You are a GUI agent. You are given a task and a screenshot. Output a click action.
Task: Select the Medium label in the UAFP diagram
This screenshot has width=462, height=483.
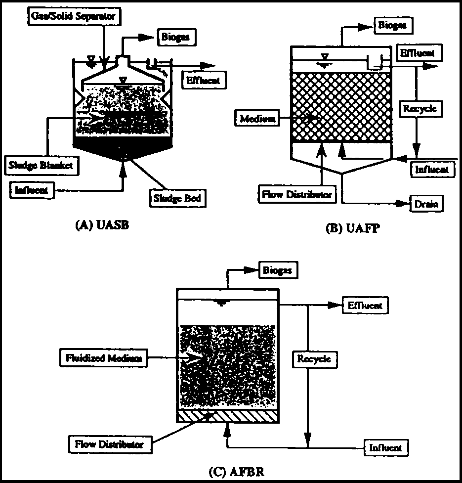pyautogui.click(x=258, y=119)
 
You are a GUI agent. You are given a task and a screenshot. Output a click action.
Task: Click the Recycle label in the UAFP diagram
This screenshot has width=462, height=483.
pyautogui.click(x=420, y=108)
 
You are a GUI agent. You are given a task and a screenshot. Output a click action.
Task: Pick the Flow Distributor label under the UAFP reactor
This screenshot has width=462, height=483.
pyautogui.click(x=297, y=194)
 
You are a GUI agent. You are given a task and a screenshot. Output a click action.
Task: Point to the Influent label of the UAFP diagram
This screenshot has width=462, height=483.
pyautogui.click(x=432, y=169)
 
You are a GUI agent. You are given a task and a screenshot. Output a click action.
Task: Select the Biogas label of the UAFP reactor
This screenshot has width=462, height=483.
pyautogui.click(x=394, y=26)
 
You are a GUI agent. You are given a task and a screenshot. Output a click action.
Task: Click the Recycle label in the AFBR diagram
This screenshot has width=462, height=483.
pyautogui.click(x=314, y=359)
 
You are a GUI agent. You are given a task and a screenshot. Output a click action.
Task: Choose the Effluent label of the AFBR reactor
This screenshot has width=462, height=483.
pyautogui.click(x=365, y=306)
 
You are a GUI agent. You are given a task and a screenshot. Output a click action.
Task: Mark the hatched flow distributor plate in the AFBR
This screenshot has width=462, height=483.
pyautogui.click(x=227, y=417)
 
